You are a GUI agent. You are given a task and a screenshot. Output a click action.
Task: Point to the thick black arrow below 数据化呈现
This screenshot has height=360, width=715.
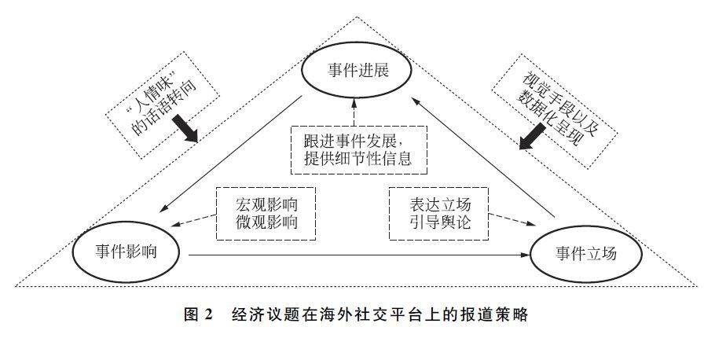[x=533, y=136]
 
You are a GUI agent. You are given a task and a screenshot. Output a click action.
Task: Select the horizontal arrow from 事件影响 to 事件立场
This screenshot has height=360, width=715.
[x=359, y=255]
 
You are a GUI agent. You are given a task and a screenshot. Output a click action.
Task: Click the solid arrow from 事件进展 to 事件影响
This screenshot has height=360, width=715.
[x=231, y=154]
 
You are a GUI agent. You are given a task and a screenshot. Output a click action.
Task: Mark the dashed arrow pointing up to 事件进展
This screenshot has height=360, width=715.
[x=354, y=112]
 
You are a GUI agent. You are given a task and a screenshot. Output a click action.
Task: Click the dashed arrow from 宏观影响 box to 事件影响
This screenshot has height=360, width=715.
[x=193, y=220]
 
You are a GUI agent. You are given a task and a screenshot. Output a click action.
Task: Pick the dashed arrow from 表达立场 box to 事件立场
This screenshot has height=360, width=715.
[x=511, y=219]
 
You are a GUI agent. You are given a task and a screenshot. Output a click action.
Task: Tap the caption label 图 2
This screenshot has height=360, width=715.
[x=198, y=315]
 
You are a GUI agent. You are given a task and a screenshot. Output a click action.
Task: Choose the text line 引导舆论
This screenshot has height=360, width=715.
[x=439, y=222]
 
